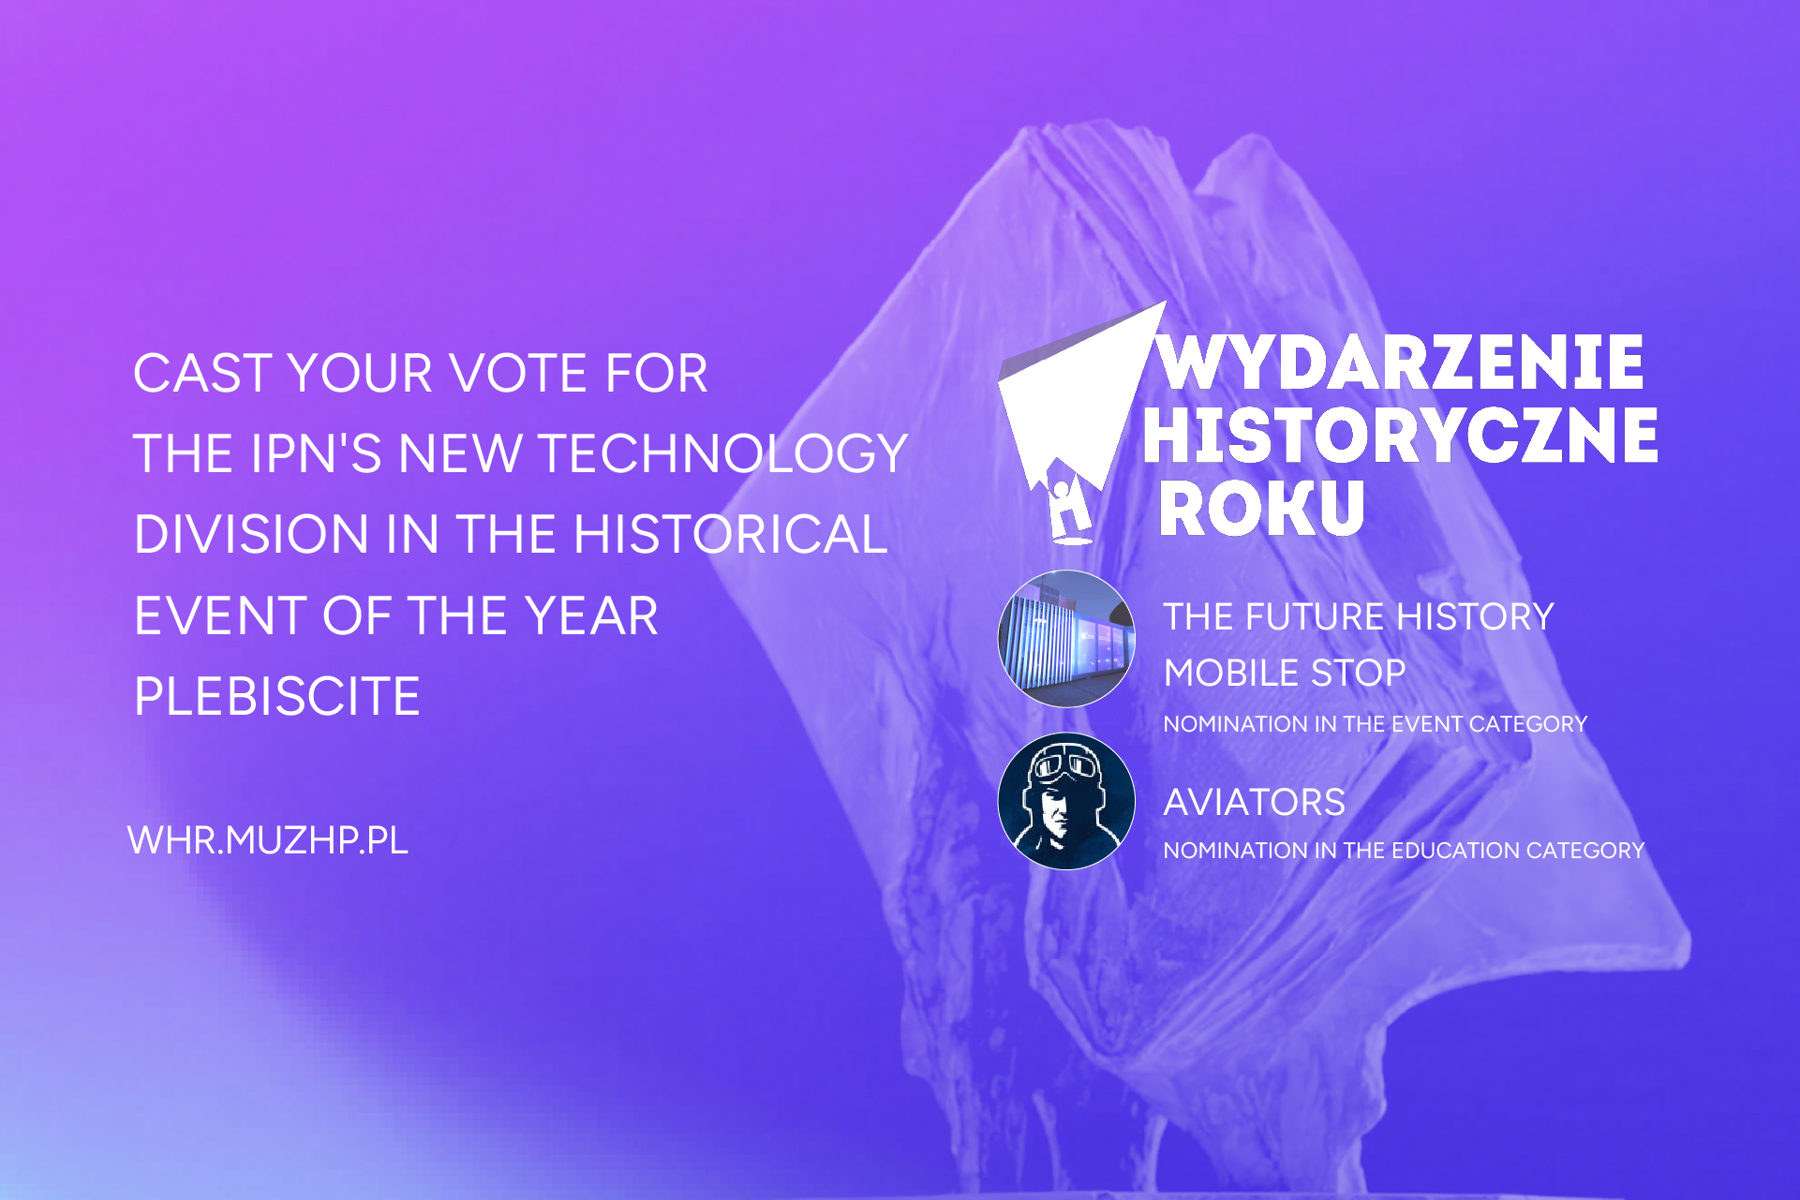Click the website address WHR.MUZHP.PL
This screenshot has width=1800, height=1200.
[267, 840]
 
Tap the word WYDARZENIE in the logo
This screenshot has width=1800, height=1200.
[1401, 363]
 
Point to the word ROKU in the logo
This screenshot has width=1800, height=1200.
[1261, 508]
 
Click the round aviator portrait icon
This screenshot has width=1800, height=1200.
[1066, 801]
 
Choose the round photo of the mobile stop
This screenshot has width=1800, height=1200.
[1066, 639]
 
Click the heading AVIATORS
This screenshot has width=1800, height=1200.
[1254, 803]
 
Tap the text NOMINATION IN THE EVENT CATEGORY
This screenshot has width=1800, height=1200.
[1375, 724]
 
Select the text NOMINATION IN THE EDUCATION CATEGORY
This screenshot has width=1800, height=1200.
[1403, 851]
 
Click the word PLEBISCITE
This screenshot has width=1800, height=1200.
[277, 696]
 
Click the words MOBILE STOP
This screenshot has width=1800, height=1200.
[1284, 673]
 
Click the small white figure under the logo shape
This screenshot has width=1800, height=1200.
[1068, 511]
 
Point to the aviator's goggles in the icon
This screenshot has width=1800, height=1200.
[1065, 766]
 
